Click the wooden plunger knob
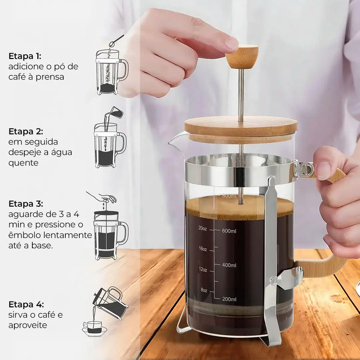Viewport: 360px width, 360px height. coord(242,56)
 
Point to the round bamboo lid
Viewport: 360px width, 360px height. coord(241,127)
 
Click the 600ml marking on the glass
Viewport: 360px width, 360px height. coord(229,231)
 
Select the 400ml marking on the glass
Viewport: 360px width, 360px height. coord(229,265)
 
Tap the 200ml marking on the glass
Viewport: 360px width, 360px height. coord(229,299)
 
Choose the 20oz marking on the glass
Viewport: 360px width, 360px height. coord(202,228)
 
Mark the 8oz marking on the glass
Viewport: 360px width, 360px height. coord(203,290)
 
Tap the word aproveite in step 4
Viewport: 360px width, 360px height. coord(28,324)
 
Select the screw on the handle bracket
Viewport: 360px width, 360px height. coord(306,169)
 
